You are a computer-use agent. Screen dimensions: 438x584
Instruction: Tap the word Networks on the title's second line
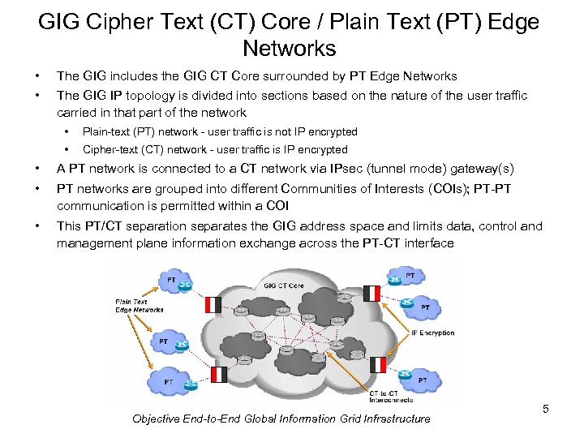pyautogui.click(x=289, y=48)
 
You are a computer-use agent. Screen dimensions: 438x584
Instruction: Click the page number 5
pyautogui.click(x=545, y=409)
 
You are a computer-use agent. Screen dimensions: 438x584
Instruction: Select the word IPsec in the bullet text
pyautogui.click(x=346, y=169)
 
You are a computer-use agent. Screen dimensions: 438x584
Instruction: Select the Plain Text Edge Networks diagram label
pyautogui.click(x=139, y=306)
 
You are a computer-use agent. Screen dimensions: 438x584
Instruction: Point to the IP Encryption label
pyautogui.click(x=433, y=333)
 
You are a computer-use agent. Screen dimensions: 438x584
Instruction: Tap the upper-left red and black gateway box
pyautogui.click(x=213, y=305)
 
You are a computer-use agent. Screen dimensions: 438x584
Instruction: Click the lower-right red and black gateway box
pyautogui.click(x=377, y=363)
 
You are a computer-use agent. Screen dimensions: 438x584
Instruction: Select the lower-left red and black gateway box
pyautogui.click(x=218, y=374)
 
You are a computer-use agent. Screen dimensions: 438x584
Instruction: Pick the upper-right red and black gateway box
pyautogui.click(x=371, y=294)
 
